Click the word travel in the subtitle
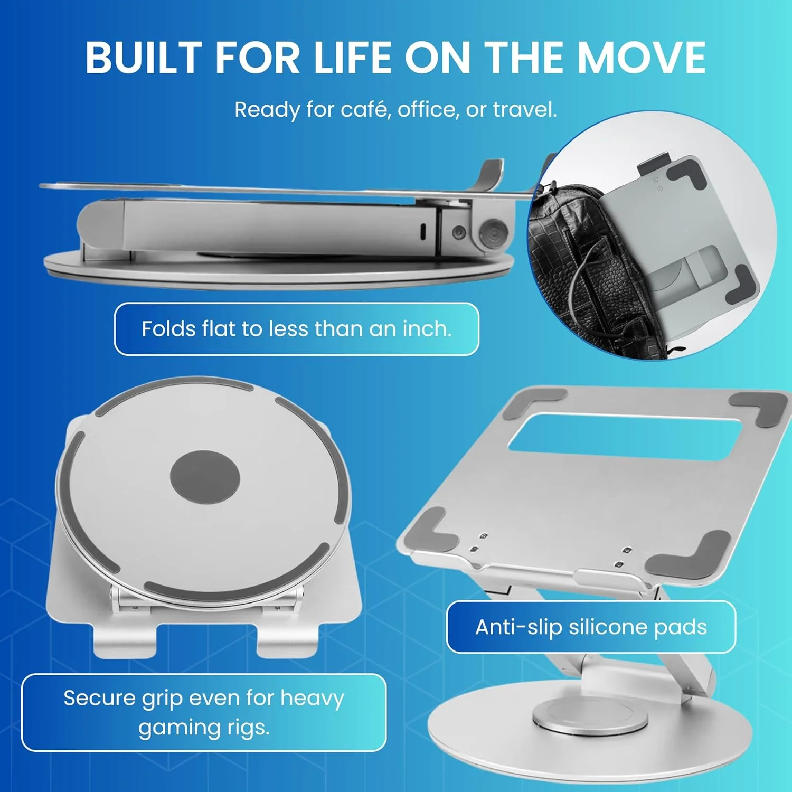(x=524, y=109)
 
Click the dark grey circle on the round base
(x=205, y=478)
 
